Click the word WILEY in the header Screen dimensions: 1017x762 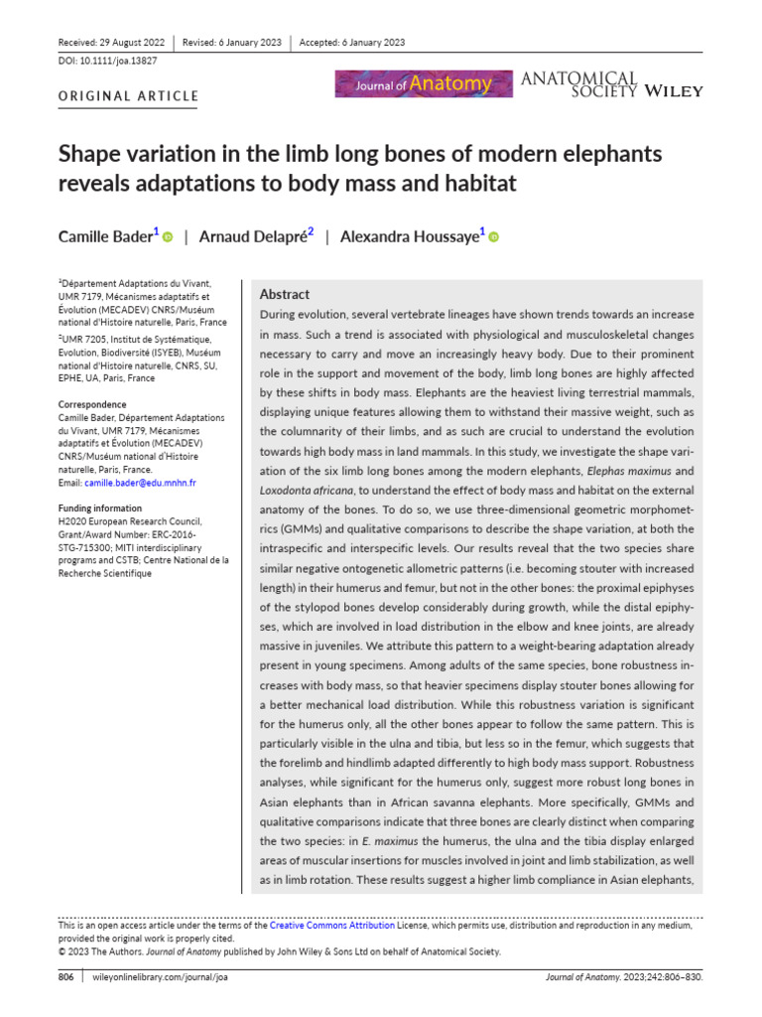click(674, 91)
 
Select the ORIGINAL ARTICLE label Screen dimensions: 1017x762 click(128, 96)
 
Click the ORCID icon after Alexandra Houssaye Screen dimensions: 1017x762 click(493, 236)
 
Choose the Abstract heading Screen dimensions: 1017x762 click(284, 294)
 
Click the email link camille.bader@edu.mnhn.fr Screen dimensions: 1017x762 click(140, 483)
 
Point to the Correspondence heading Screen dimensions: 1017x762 click(92, 405)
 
